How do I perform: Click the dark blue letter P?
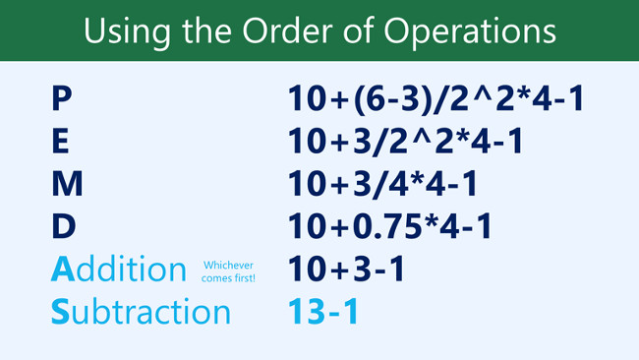tap(61, 98)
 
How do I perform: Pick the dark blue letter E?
tap(61, 142)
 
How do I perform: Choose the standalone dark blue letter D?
tap(63, 226)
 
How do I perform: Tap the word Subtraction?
tap(141, 312)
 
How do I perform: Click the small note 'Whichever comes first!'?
tap(229, 271)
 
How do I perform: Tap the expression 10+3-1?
tap(346, 269)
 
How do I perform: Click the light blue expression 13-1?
tap(322, 312)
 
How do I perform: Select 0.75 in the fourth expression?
tap(388, 226)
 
